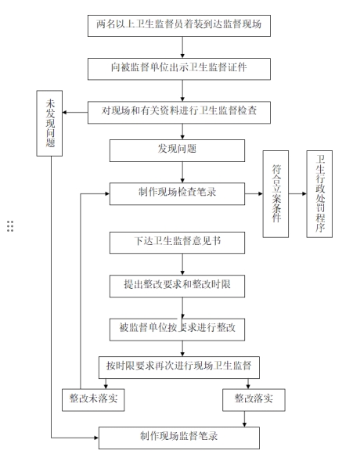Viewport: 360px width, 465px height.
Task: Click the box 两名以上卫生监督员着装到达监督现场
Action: pyautogui.click(x=179, y=26)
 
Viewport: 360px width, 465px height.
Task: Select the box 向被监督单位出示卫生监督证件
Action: pyautogui.click(x=179, y=69)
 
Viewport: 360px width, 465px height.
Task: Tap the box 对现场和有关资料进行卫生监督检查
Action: pyautogui.click(x=179, y=113)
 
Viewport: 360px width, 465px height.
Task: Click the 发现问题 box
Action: pyautogui.click(x=177, y=150)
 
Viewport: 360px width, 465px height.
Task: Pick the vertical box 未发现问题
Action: pyautogui.click(x=49, y=124)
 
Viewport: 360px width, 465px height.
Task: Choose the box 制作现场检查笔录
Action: pyautogui.click(x=177, y=194)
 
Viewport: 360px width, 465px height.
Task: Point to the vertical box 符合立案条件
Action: pyautogui.click(x=275, y=194)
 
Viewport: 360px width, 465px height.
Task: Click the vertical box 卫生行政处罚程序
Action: pyautogui.click(x=319, y=194)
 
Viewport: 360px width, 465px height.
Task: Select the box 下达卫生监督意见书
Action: pyautogui.click(x=177, y=243)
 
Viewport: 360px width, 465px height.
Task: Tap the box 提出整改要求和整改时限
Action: pyautogui.click(x=177, y=287)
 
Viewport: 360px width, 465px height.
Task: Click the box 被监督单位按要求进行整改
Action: pyautogui.click(x=177, y=330)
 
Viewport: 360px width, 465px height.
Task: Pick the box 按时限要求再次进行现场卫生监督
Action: pyautogui.click(x=179, y=367)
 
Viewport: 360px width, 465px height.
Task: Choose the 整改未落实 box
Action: pyautogui.click(x=93, y=400)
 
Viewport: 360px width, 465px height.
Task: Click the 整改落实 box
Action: pyautogui.click(x=254, y=400)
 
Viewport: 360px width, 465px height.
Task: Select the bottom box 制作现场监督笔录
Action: pyautogui.click(x=179, y=438)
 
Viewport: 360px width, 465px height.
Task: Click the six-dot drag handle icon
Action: pyautogui.click(x=10, y=226)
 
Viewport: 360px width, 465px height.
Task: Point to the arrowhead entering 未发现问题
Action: pyautogui.click(x=64, y=113)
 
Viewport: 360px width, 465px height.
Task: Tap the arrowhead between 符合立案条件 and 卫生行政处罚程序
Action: pyautogui.click(x=304, y=193)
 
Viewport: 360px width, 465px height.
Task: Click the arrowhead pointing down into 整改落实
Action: pyautogui.click(x=248, y=387)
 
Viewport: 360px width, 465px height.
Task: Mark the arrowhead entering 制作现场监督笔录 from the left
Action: pyautogui.click(x=96, y=438)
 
